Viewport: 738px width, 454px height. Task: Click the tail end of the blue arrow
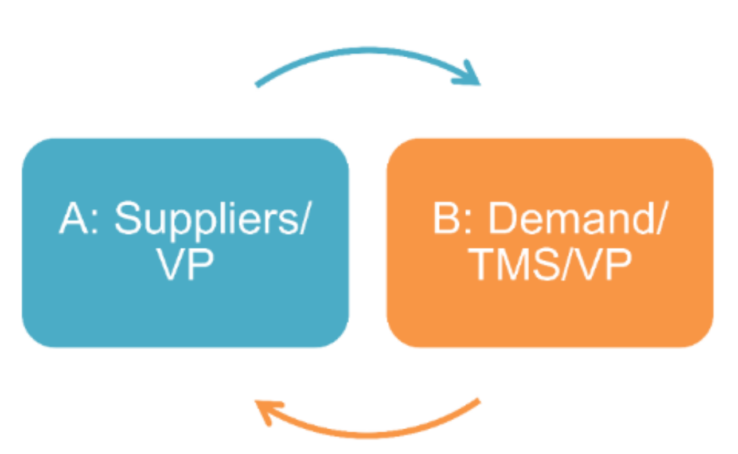pyautogui.click(x=257, y=85)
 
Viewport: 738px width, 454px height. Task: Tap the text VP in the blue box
pyautogui.click(x=185, y=264)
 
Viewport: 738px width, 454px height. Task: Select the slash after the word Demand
pyautogui.click(x=658, y=220)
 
